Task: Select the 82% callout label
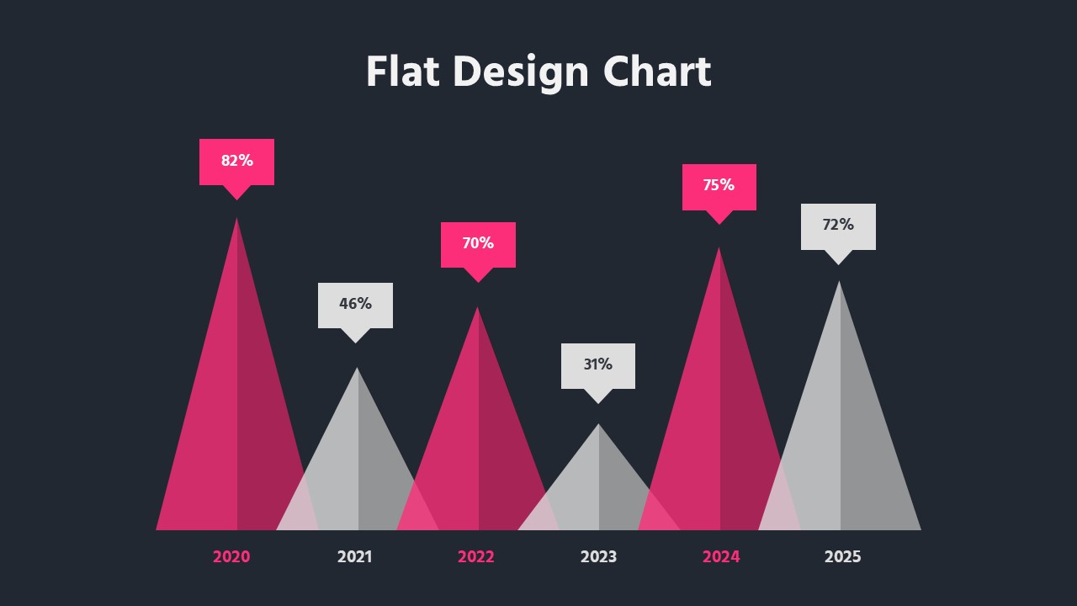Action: point(236,161)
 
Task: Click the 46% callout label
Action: point(355,304)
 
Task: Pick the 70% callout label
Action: point(478,243)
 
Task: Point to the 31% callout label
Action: point(598,364)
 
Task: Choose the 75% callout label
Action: point(719,185)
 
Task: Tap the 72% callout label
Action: point(838,225)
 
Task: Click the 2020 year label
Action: point(231,556)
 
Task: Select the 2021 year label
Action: point(354,556)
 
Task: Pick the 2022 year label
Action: point(476,556)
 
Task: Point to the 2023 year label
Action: point(598,556)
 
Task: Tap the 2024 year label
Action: point(721,556)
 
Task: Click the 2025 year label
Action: point(842,556)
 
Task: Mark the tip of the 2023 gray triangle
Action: point(598,426)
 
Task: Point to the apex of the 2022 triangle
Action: point(478,309)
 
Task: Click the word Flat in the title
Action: point(402,72)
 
